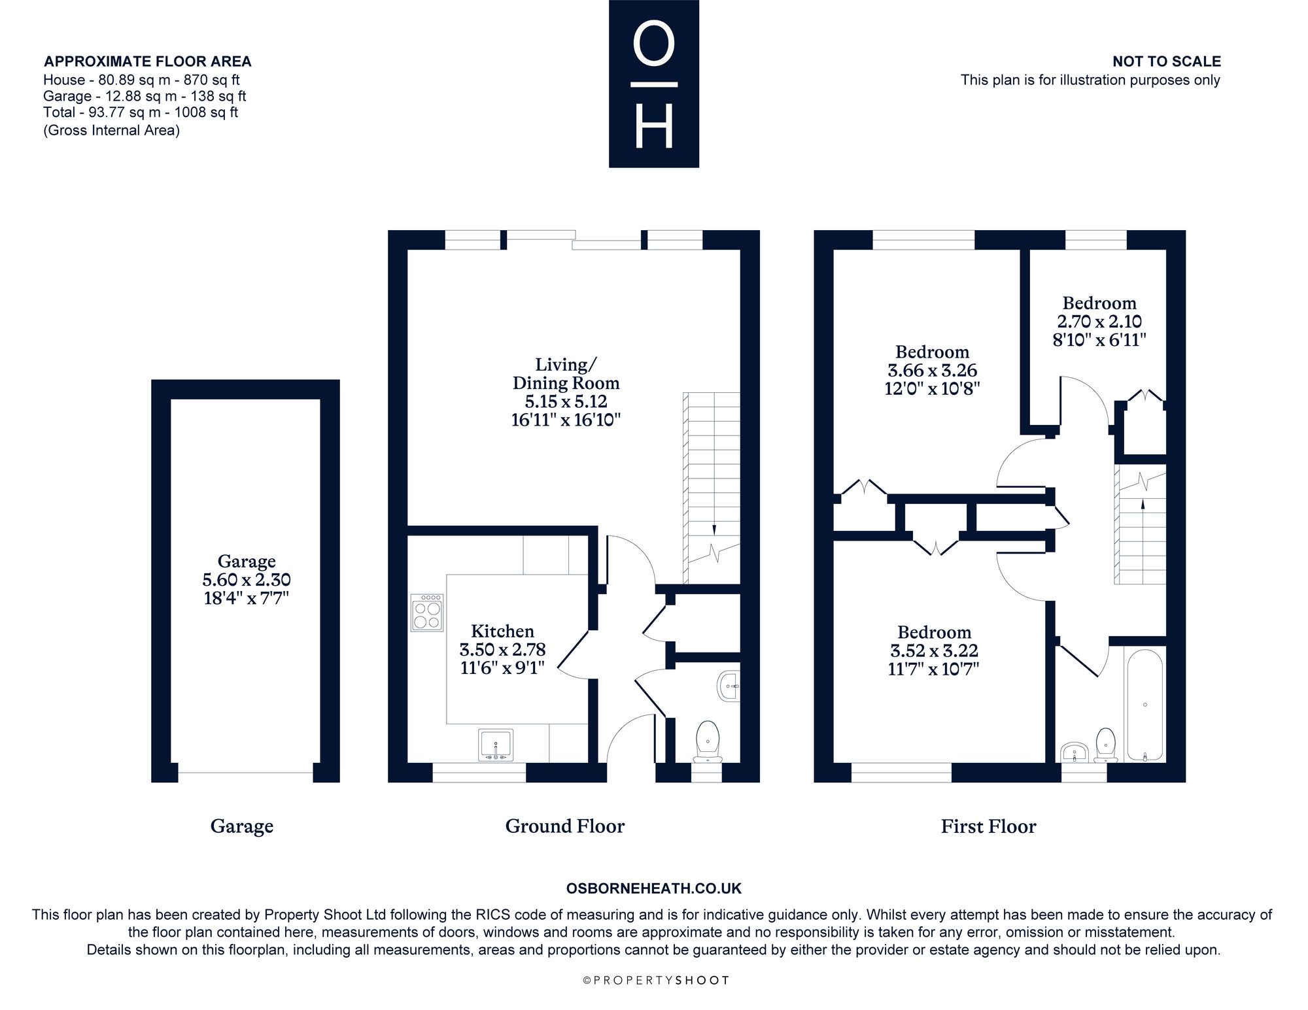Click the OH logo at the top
(654, 84)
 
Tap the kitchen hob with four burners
(427, 612)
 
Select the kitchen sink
(496, 745)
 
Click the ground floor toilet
(707, 742)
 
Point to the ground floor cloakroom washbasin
(729, 687)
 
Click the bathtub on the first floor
(1144, 705)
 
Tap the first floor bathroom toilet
(1105, 745)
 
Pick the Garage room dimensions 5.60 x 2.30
(247, 580)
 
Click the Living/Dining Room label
(566, 373)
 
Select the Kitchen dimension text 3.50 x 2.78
(502, 650)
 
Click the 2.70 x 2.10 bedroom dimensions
(1099, 322)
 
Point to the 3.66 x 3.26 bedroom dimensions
(933, 370)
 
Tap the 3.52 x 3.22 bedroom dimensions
(934, 650)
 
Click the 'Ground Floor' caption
(565, 826)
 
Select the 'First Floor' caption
(988, 826)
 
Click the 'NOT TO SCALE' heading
(1167, 61)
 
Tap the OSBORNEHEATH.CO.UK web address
(654, 888)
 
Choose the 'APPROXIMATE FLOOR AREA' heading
(147, 61)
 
